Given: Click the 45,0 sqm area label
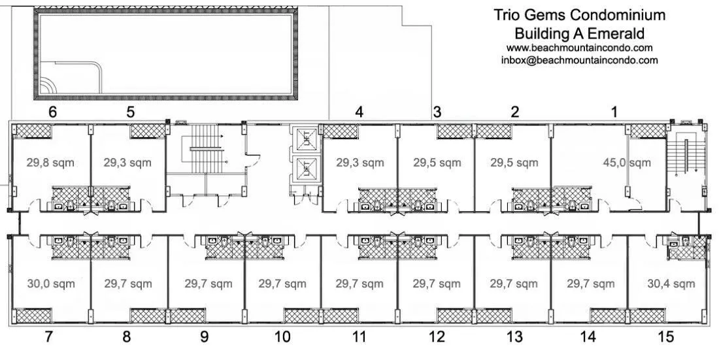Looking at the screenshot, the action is coord(626,163).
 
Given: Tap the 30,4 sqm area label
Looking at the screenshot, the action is coord(671,284).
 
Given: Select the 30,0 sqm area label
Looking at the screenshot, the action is coord(50,284).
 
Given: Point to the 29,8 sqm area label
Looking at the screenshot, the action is coord(50,163).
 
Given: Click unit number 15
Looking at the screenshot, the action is coord(666,337).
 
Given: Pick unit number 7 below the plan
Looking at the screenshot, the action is coord(48,337).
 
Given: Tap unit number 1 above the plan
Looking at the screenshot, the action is coord(614,112).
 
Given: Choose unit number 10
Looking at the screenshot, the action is coord(282,337).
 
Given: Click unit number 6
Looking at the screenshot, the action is coord(53,112).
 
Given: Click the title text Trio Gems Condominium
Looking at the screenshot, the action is coord(579,15).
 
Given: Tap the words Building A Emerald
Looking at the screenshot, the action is coord(579,33).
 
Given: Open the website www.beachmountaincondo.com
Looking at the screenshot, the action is coord(579,48).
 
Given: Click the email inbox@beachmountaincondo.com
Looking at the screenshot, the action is coord(579,60).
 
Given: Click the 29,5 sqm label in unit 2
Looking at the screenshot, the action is coord(514,163).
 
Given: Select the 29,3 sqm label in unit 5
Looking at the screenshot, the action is coord(127,163).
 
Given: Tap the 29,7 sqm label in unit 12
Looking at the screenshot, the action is coord(437,284).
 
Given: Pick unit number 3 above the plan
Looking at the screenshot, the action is coord(437,112).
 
